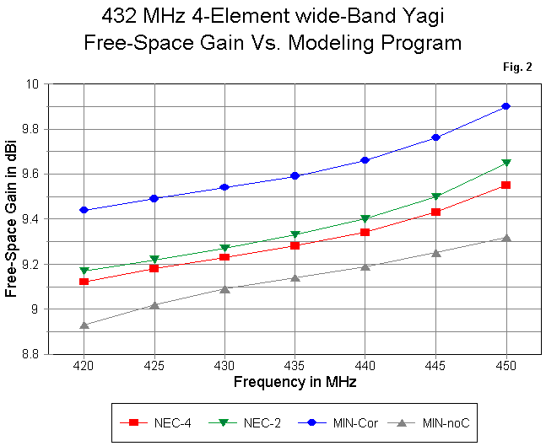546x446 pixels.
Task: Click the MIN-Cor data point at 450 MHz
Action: point(505,106)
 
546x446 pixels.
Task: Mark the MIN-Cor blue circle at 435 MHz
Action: point(295,175)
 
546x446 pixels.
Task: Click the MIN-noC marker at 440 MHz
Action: point(365,266)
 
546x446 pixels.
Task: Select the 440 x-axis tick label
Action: point(365,367)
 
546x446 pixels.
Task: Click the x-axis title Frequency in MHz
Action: point(294,382)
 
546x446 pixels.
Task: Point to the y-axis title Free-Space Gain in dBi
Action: point(12,219)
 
